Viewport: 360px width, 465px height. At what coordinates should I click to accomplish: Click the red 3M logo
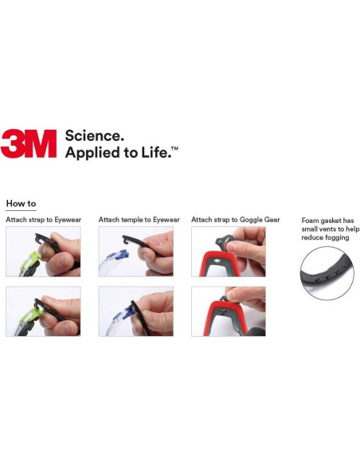click(x=29, y=143)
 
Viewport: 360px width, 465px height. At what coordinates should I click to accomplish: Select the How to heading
click(x=21, y=204)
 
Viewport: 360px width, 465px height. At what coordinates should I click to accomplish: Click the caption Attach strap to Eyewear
click(x=43, y=219)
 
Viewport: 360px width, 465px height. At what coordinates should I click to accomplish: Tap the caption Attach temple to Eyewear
click(x=139, y=219)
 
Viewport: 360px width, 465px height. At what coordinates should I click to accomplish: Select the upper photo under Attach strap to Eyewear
click(x=43, y=252)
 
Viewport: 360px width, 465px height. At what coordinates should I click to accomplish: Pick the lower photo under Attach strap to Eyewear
click(x=43, y=311)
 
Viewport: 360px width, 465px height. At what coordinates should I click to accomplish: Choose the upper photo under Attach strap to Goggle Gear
click(x=229, y=252)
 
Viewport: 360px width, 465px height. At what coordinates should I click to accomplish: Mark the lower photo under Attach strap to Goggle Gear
click(x=229, y=311)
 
